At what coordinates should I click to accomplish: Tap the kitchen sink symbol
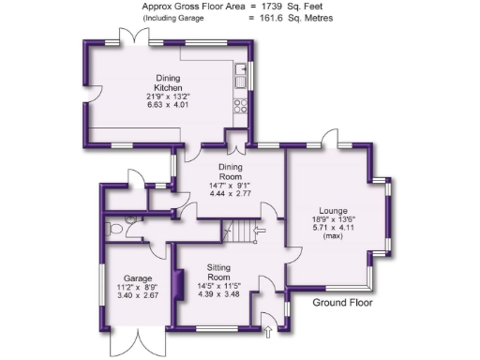242,74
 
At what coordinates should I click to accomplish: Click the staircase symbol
246,230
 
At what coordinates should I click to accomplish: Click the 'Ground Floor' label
342,303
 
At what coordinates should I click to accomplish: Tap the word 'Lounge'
333,211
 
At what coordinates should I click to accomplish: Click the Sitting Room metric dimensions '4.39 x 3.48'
218,294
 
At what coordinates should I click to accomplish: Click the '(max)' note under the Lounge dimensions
334,236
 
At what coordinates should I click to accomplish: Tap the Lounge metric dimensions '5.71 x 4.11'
334,228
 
